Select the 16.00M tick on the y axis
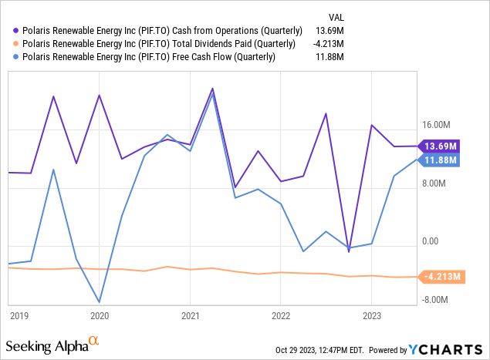pyautogui.click(x=436, y=125)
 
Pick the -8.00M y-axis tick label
pyautogui.click(x=436, y=301)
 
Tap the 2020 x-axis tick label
pyautogui.click(x=100, y=315)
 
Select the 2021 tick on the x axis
pyautogui.click(x=190, y=315)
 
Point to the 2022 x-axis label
pyautogui.click(x=280, y=315)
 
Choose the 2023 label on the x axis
pyautogui.click(x=371, y=315)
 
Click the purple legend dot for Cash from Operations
pyautogui.click(x=15, y=30)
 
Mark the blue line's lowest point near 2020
pyautogui.click(x=100, y=302)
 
